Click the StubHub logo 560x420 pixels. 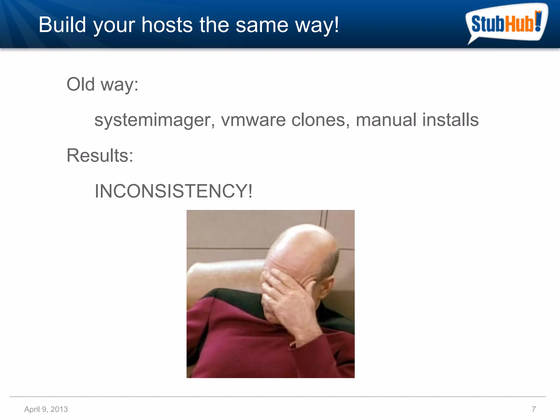pyautogui.click(x=506, y=23)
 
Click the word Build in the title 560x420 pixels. pyautogui.click(x=62, y=25)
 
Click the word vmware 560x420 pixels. pyautogui.click(x=253, y=120)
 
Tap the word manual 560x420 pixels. pyautogui.click(x=386, y=120)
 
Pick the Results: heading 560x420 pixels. pyautogui.click(x=100, y=155)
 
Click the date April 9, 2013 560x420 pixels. pyautogui.click(x=46, y=409)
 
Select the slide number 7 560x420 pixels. pyautogui.click(x=533, y=409)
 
